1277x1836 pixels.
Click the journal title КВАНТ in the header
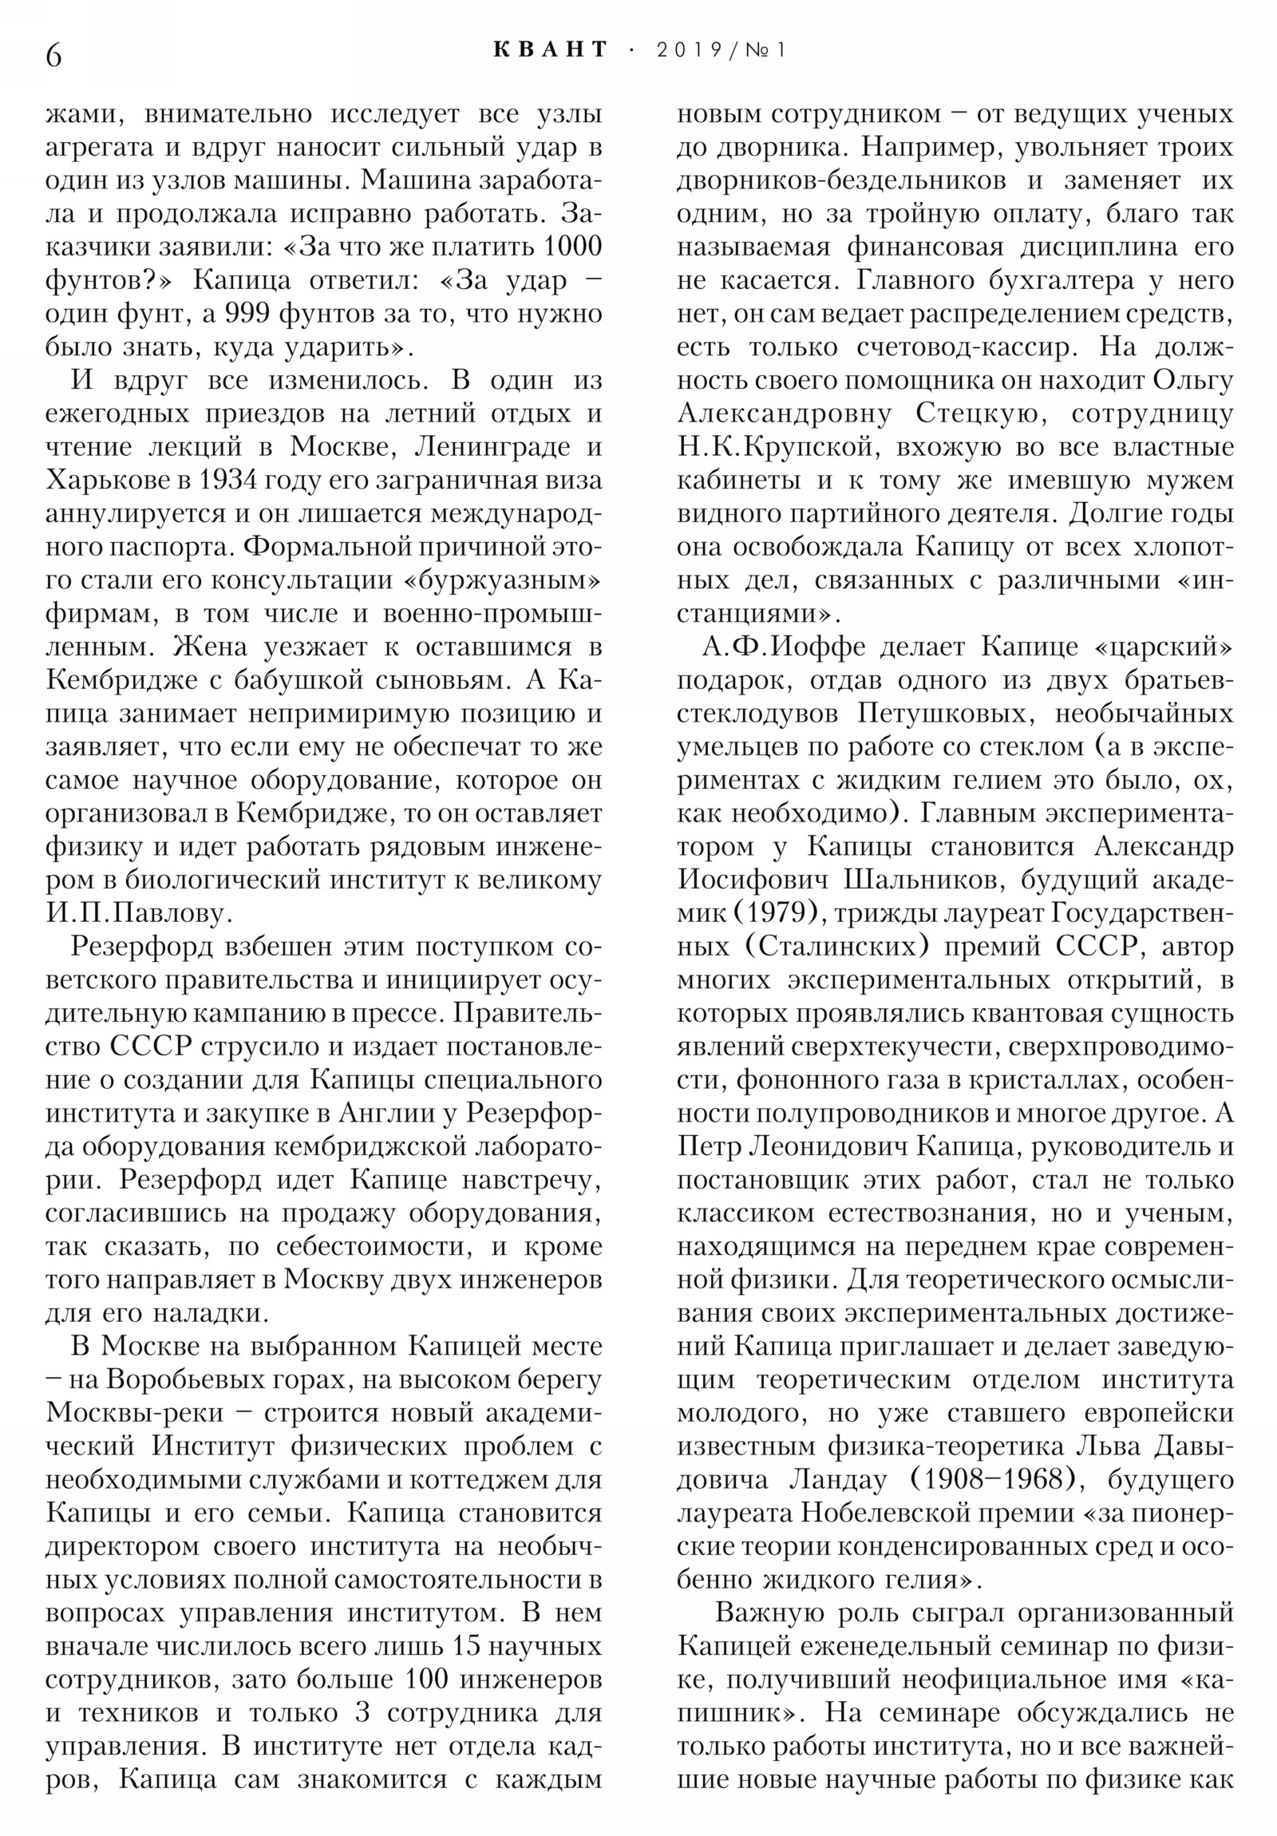coord(550,49)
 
